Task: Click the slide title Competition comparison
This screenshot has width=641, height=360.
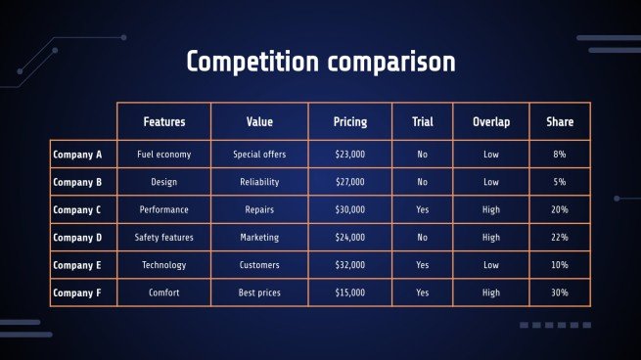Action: [320, 62]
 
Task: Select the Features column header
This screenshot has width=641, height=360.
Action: [163, 122]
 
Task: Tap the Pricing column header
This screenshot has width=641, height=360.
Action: [350, 122]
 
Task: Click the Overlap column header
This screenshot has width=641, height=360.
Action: [490, 122]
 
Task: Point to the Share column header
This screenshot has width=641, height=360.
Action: [560, 122]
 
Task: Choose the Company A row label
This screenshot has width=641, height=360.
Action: [77, 155]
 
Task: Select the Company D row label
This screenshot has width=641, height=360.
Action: [77, 237]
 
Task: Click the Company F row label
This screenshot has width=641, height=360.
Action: [77, 292]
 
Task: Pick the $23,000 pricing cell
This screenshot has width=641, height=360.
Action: [350, 155]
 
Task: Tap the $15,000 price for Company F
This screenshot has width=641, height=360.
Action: [350, 292]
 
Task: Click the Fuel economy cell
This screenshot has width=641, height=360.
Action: [163, 155]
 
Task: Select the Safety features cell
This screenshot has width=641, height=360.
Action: [163, 237]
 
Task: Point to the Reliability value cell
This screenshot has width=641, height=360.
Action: [259, 182]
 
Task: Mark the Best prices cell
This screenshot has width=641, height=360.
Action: [259, 292]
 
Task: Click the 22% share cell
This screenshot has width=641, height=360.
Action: [560, 237]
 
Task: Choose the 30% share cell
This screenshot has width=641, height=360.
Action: [560, 292]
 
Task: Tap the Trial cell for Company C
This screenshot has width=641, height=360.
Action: [422, 209]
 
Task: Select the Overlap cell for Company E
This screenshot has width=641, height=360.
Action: [490, 265]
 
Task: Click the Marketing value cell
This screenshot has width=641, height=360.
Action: [259, 237]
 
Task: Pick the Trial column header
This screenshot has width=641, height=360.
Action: [422, 122]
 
